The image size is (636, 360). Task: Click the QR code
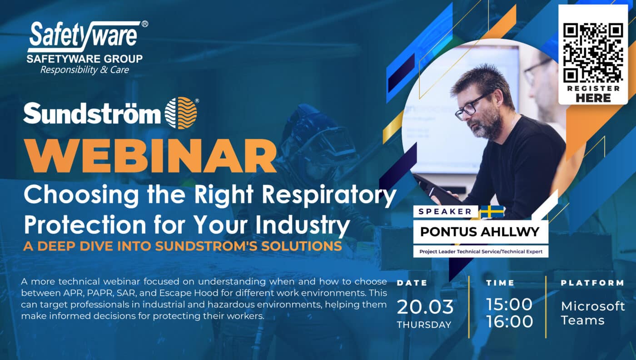(593, 53)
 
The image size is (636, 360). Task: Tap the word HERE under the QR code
(593, 98)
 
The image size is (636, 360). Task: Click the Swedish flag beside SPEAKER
(492, 212)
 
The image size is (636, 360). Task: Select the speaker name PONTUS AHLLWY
(480, 232)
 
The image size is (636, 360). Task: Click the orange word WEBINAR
(150, 155)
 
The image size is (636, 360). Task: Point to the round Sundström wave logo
(181, 113)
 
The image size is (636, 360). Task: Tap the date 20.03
(425, 307)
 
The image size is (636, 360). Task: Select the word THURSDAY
(424, 325)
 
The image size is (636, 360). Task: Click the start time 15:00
(509, 304)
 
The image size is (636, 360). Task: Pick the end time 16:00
(509, 321)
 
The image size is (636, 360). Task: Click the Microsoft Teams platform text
(593, 313)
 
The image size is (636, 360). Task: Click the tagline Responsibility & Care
(84, 70)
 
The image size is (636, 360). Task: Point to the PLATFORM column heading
(592, 283)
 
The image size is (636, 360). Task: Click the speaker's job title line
(481, 252)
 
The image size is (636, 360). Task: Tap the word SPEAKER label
(445, 212)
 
